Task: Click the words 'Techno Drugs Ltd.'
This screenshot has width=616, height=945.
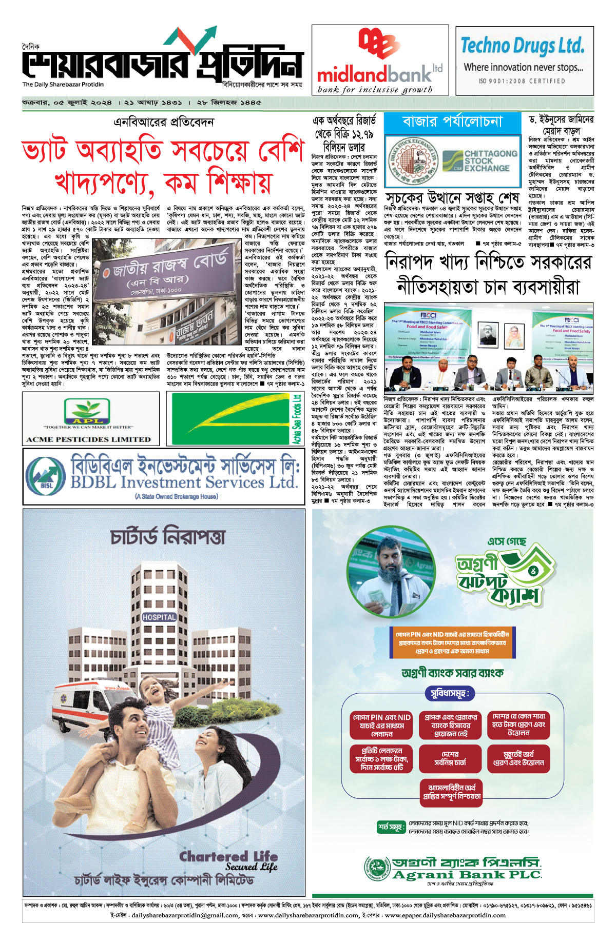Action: (x=522, y=46)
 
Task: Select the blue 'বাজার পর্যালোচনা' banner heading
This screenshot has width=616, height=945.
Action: (x=452, y=122)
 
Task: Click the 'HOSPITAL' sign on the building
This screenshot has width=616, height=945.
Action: (x=159, y=617)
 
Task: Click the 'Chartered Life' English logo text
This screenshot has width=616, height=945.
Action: (x=228, y=856)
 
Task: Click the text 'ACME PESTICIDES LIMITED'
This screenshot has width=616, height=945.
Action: (x=89, y=439)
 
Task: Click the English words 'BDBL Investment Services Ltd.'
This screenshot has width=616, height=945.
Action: (x=184, y=482)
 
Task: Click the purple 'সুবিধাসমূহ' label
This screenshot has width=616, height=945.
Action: (x=449, y=694)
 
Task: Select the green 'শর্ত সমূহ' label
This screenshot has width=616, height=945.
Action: (x=391, y=827)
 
